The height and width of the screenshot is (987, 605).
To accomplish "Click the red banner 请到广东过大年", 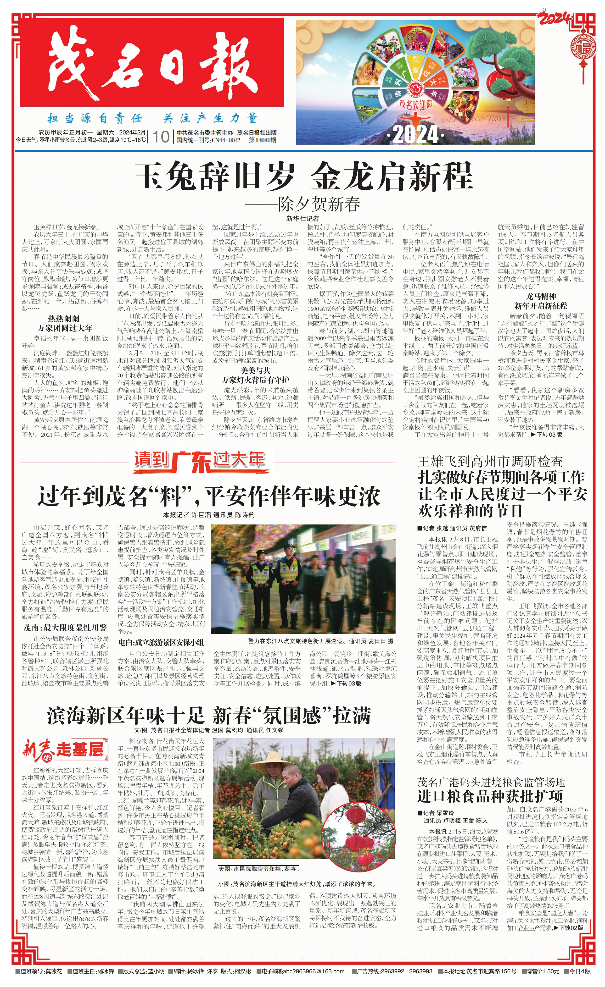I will pyautogui.click(x=199, y=462).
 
